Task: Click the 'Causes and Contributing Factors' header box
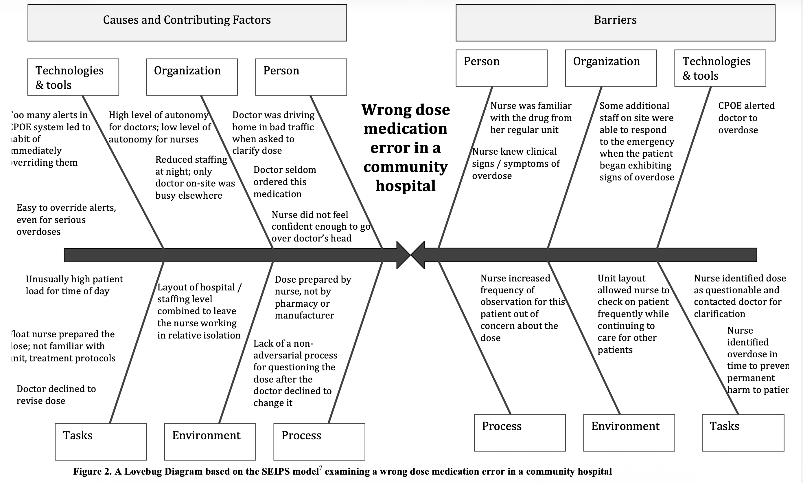tap(187, 23)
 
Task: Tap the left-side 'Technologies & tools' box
tap(73, 77)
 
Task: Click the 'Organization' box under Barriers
tap(611, 68)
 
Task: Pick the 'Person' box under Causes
tap(301, 77)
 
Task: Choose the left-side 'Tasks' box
tap(100, 442)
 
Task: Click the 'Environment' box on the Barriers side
tap(629, 433)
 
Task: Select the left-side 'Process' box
tap(319, 442)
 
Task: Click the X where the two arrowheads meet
tap(410, 255)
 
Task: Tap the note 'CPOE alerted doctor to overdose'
tap(746, 118)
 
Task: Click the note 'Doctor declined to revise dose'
tap(56, 394)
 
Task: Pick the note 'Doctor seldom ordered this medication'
tap(284, 182)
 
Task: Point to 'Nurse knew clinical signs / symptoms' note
tap(515, 163)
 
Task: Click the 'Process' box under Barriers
tap(520, 433)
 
